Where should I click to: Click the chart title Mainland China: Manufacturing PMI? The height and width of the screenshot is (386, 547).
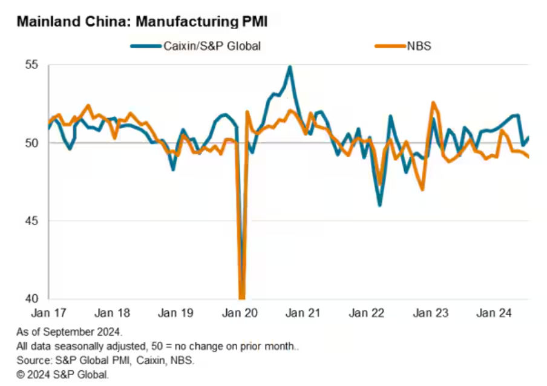click(x=142, y=22)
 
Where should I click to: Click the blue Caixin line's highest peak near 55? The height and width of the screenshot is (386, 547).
click(x=290, y=67)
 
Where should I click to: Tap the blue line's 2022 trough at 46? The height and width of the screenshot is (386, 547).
click(x=380, y=205)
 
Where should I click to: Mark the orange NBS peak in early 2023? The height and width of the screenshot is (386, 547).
click(x=433, y=103)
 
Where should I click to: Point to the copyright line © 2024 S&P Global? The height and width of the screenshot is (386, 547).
click(x=63, y=375)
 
